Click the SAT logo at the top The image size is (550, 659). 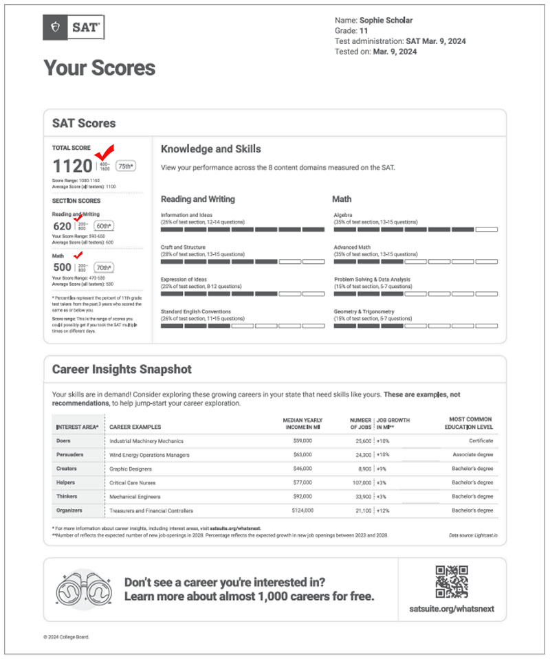[74, 28]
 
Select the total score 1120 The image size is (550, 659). [73, 166]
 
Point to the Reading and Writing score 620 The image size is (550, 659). [62, 226]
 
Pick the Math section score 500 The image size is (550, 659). [62, 267]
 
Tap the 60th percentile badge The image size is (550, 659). [104, 226]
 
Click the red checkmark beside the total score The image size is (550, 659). [105, 152]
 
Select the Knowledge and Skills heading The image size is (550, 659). [210, 148]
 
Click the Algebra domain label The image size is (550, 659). [343, 214]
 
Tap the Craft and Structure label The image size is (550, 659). [183, 247]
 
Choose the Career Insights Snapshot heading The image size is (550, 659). [122, 370]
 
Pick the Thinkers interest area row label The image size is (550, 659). [67, 496]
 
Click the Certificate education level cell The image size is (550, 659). [481, 440]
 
